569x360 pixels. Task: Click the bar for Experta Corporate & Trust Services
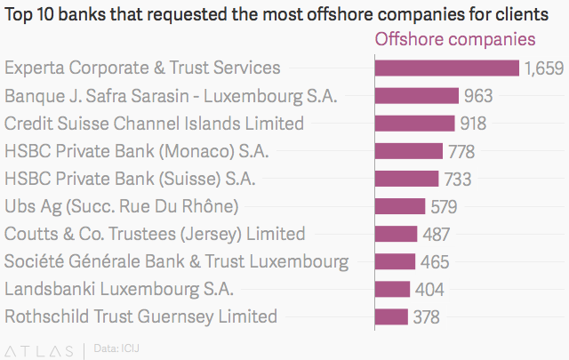coord(447,68)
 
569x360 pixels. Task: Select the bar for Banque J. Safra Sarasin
coord(417,96)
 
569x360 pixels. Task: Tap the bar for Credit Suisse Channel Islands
coord(415,124)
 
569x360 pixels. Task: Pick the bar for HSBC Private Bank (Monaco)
coord(409,151)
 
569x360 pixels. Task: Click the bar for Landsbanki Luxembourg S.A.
coord(393,289)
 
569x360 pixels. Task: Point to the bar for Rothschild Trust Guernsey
coord(392,316)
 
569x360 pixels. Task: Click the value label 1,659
coord(544,68)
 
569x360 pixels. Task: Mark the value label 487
coord(436,234)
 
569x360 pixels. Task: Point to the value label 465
coord(435,261)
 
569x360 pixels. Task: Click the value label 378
coord(426,316)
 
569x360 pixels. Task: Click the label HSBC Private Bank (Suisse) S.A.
coord(130,179)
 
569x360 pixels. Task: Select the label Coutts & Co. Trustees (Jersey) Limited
coord(155,234)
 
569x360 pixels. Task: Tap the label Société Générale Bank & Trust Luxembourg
coord(177,261)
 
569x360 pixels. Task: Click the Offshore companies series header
coord(455,39)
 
